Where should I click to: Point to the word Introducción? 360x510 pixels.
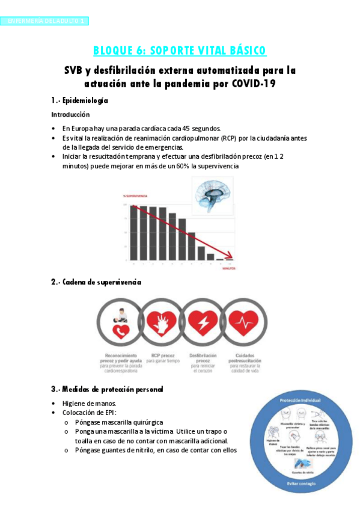tap(70, 114)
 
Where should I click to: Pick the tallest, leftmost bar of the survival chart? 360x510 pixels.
tap(134, 232)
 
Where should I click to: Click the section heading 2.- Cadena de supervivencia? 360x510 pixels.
tap(96, 282)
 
